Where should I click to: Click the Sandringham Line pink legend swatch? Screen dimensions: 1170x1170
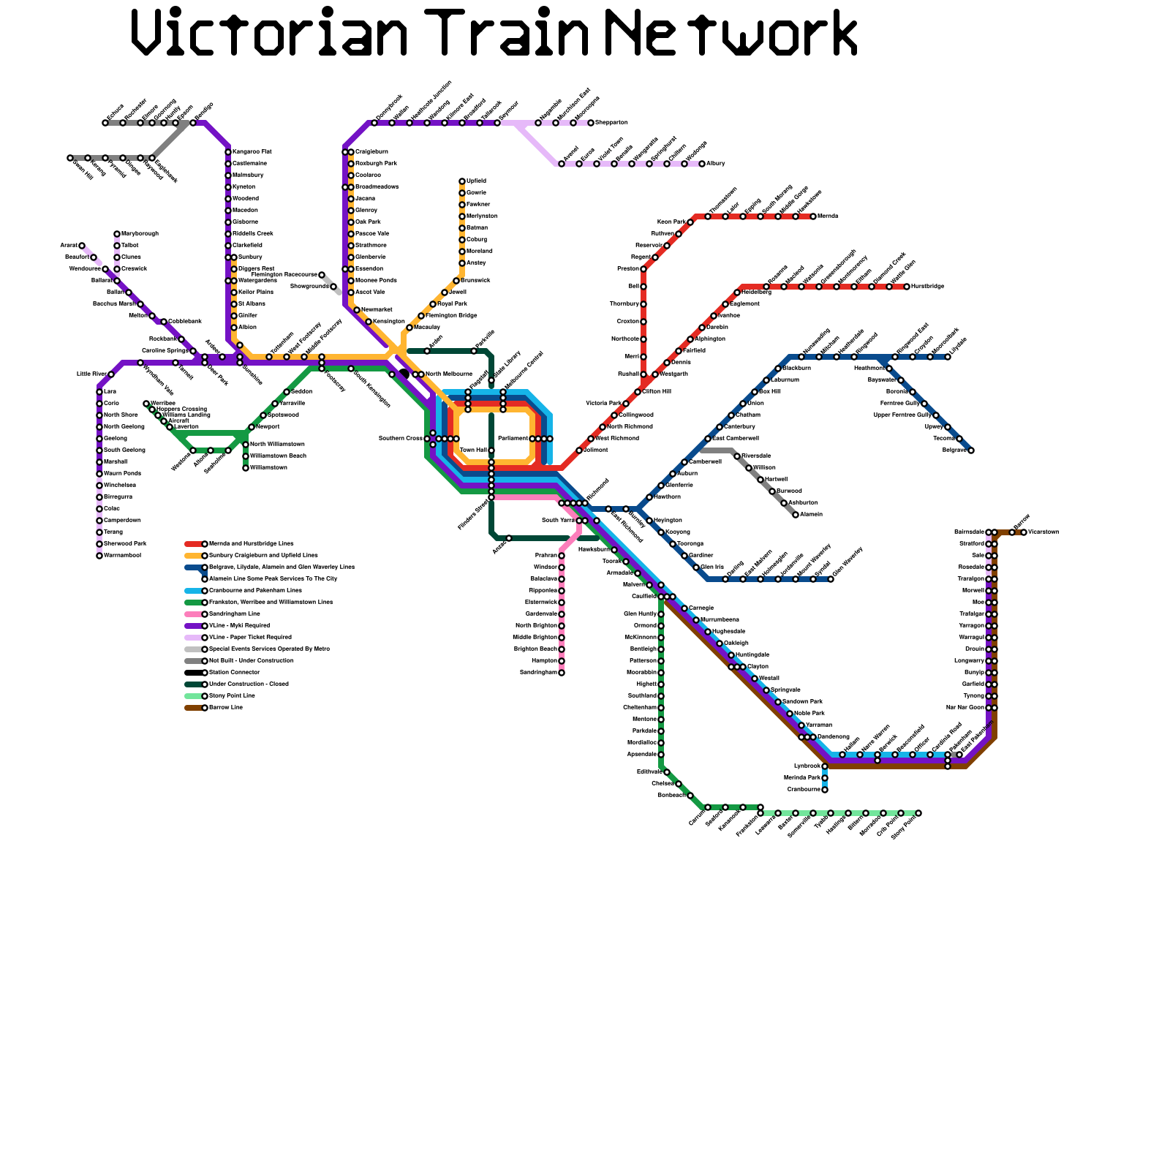[x=193, y=614]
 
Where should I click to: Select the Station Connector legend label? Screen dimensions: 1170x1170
[x=234, y=673]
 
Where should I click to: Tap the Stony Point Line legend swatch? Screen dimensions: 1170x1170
[x=193, y=696]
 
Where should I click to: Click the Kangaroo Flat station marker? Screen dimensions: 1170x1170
[x=228, y=152]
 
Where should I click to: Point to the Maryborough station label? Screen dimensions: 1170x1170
[x=140, y=234]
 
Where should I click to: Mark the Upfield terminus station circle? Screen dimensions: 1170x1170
[x=462, y=181]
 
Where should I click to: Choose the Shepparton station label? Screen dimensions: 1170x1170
[x=612, y=123]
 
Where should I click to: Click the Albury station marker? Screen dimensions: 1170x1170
[x=702, y=164]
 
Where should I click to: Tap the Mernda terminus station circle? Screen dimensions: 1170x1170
[x=813, y=216]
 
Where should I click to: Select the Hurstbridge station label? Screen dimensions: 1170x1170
[x=928, y=287]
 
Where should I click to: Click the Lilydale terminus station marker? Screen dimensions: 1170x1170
[x=948, y=357]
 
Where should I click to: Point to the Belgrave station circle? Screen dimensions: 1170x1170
[x=971, y=450]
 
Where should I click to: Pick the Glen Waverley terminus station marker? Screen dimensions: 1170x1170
[x=831, y=579]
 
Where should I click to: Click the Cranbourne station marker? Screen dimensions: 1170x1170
[x=825, y=790]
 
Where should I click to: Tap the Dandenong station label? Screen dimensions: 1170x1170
[x=834, y=737]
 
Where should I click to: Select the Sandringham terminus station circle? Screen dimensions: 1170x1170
[x=562, y=673]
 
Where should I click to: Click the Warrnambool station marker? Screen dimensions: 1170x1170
[x=99, y=556]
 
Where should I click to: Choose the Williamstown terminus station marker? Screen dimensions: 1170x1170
[x=246, y=468]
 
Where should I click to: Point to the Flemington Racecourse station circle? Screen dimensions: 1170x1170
[x=322, y=275]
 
